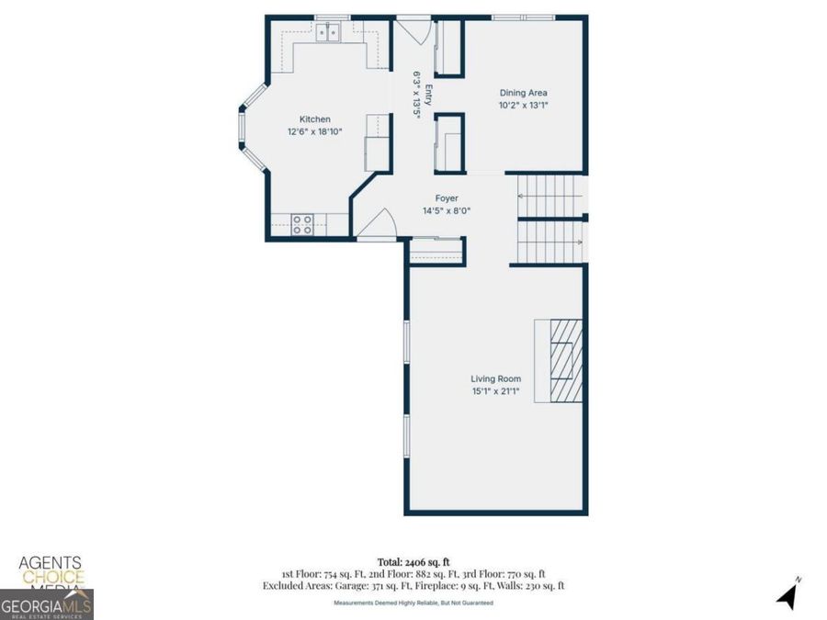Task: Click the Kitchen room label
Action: coord(314,119)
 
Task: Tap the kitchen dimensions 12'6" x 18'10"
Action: coord(314,132)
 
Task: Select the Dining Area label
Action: coord(523,93)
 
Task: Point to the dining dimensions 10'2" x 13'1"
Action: coord(523,106)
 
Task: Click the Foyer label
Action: coord(447,198)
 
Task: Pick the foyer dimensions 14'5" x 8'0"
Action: coord(447,211)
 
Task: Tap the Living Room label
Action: coord(495,379)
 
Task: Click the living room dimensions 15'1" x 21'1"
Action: coord(495,392)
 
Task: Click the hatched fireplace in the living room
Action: coord(560,360)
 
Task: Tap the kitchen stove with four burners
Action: coord(303,224)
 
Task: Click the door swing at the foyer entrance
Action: coord(377,225)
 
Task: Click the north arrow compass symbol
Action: coord(787,594)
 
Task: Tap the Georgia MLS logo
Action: coord(46,606)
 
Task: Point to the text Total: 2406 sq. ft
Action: coord(413,561)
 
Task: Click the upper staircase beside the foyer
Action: coord(549,194)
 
